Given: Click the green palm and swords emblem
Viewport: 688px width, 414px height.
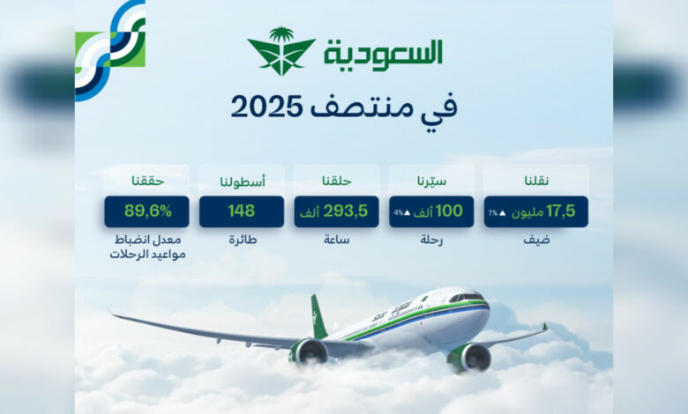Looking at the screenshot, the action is (281, 51).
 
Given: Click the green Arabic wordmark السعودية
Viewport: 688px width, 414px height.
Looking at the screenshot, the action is (384, 55).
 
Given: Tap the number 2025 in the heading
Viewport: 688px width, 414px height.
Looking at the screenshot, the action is (266, 107).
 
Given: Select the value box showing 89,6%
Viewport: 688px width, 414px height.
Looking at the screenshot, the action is (147, 211).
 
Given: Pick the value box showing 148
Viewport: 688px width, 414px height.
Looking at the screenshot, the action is (242, 211).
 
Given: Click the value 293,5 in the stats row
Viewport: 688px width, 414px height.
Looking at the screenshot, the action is (346, 211).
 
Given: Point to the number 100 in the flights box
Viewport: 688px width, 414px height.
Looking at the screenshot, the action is (449, 211).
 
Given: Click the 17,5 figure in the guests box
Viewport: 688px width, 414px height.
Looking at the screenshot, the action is (560, 211).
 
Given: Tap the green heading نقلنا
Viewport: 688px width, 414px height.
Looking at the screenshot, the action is (536, 181).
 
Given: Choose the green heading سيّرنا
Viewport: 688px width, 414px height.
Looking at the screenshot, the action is (431, 181).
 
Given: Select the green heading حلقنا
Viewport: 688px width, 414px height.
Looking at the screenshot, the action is (337, 181).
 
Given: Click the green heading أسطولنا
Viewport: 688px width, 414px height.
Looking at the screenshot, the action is (243, 181).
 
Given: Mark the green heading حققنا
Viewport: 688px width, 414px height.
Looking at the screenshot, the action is (147, 181).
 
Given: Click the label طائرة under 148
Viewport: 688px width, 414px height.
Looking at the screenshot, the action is (243, 240).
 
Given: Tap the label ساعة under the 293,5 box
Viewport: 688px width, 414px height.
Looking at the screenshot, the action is (337, 240).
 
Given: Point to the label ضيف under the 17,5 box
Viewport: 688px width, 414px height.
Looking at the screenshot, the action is (536, 240).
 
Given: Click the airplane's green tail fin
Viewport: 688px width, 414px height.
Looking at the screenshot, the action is (318, 317).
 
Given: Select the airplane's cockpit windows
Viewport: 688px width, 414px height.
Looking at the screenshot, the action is (467, 297).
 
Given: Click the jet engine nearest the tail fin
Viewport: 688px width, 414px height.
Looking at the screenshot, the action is (309, 351).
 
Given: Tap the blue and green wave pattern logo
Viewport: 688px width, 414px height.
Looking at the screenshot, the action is (110, 50).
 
